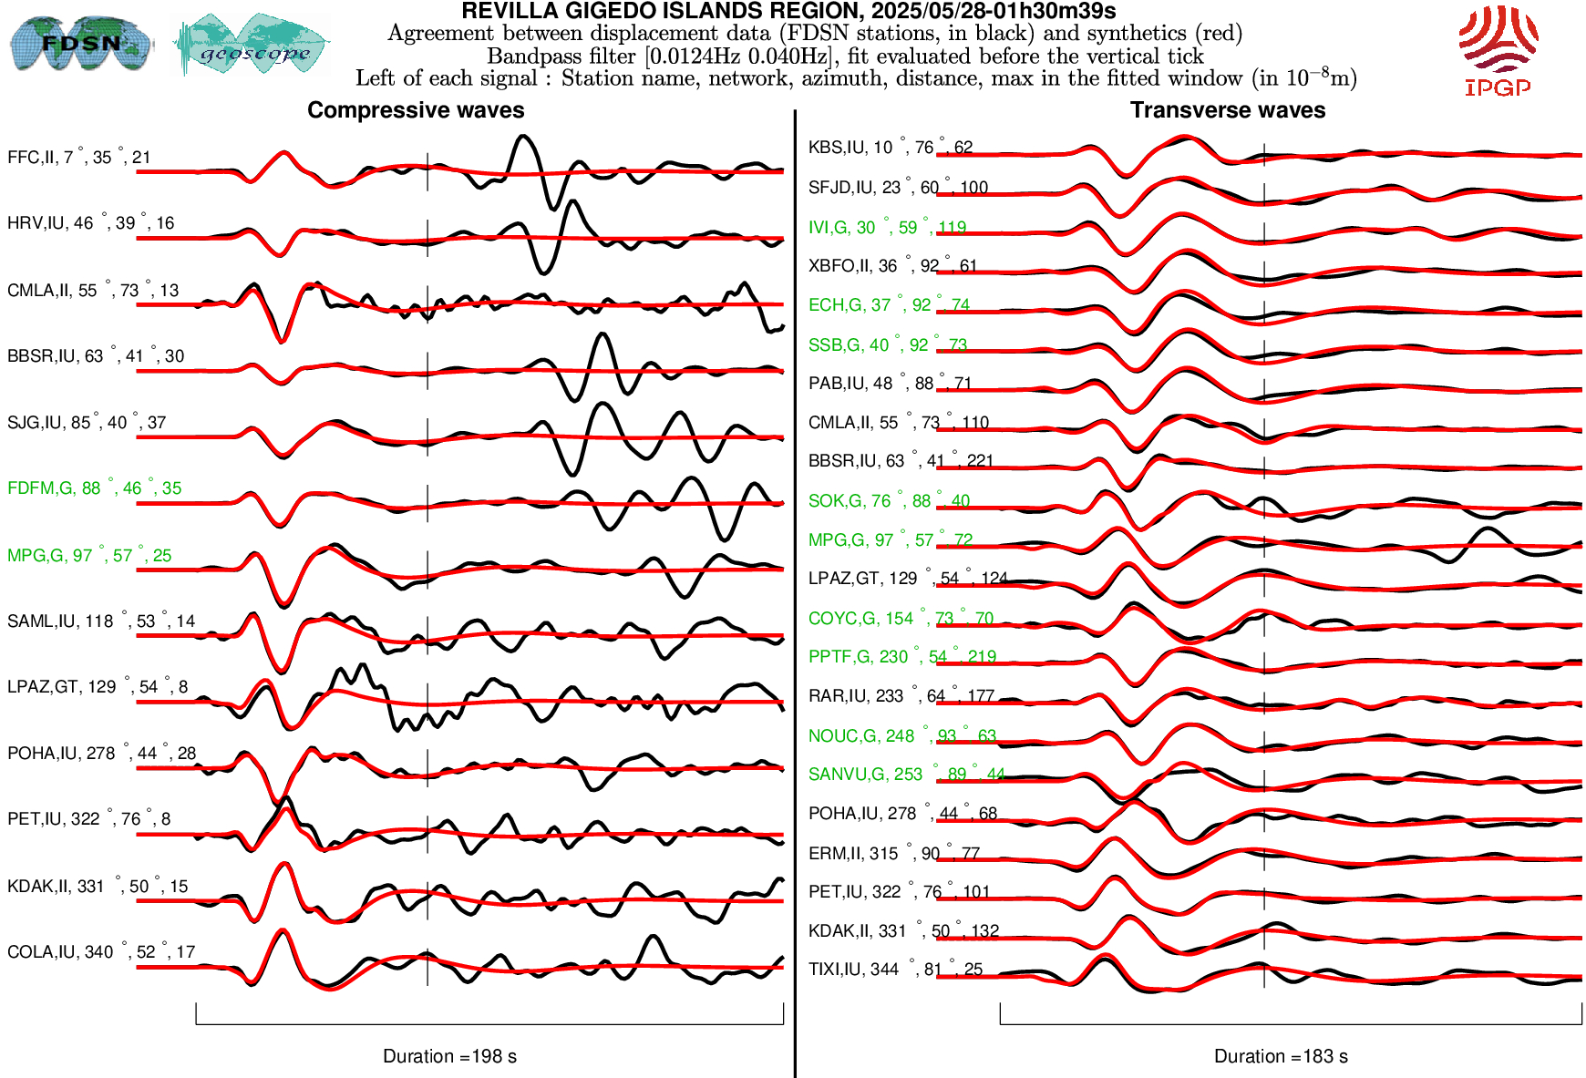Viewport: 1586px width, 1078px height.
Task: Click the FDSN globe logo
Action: click(x=80, y=43)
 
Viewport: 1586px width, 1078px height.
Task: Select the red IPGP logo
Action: click(x=1498, y=50)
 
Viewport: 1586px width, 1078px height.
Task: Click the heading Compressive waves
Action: click(x=416, y=110)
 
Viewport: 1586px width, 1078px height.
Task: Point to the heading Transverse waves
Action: click(x=1227, y=110)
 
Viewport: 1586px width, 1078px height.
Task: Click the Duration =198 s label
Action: click(x=449, y=1056)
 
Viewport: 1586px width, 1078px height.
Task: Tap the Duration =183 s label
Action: click(x=1281, y=1056)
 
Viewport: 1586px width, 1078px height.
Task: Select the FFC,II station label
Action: click(x=78, y=158)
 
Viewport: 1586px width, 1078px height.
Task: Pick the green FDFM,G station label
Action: click(x=94, y=488)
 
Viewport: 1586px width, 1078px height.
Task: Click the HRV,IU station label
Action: click(x=90, y=223)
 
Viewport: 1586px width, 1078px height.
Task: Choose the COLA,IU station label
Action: click(x=100, y=952)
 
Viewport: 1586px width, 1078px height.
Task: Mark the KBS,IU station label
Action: click(x=890, y=148)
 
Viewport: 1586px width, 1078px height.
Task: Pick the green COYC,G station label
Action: click(x=901, y=619)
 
